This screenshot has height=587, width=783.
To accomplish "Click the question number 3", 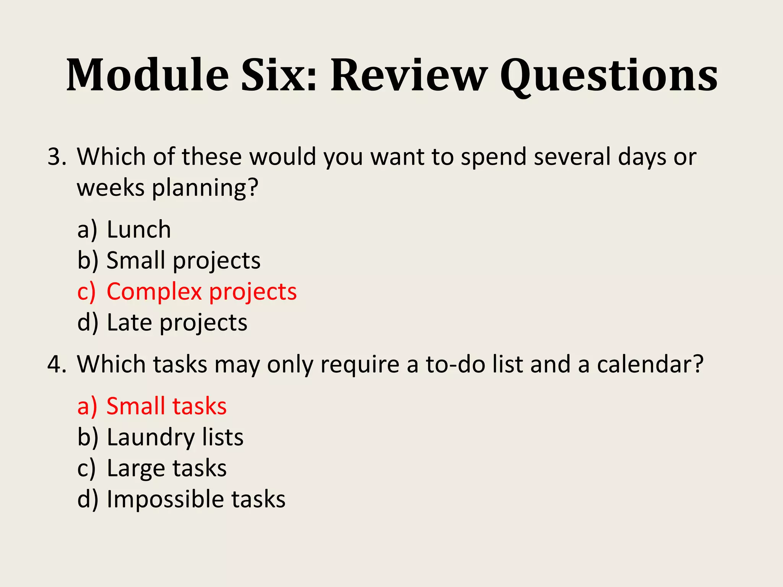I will pyautogui.click(x=56, y=157).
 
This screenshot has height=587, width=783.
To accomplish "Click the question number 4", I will pyautogui.click(x=56, y=364).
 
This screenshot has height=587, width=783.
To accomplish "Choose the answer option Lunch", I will pyautogui.click(x=138, y=230).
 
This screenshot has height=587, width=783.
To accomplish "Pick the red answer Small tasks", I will pyautogui.click(x=166, y=406).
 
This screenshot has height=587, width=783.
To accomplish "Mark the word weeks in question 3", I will pyautogui.click(x=111, y=188).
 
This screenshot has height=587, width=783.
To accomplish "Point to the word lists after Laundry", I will pyautogui.click(x=223, y=438).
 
